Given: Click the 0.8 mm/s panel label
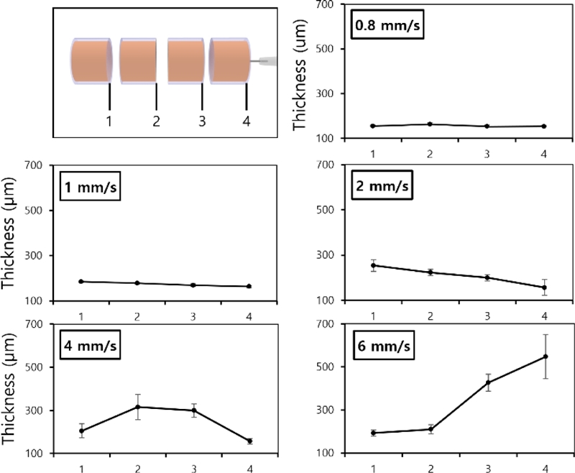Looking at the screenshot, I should coord(383,27).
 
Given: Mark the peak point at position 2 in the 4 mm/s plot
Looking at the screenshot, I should coord(138,407).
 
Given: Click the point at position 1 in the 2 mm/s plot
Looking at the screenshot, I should coord(373,265).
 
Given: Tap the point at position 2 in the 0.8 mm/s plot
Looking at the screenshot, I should coord(430,124).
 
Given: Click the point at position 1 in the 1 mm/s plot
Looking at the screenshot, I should coord(81,282).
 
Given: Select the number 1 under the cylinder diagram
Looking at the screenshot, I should coord(109,121).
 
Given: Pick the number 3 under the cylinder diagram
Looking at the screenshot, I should coord(202,121).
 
